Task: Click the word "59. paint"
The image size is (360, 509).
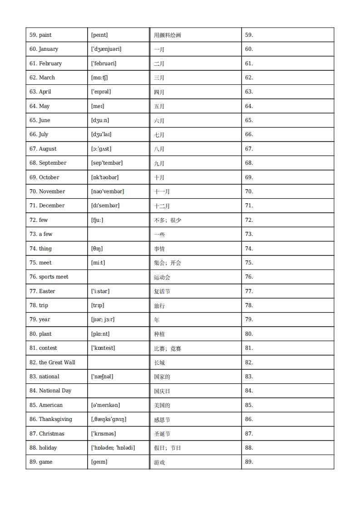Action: point(40,35)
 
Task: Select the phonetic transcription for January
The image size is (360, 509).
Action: point(106,49)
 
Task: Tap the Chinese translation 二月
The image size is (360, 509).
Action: point(159,64)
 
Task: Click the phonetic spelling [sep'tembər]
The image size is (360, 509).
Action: point(107,163)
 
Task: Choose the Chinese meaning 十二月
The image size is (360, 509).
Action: point(162,206)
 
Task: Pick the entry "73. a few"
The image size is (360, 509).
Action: point(41,234)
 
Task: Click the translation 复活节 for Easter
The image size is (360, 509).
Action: point(162,291)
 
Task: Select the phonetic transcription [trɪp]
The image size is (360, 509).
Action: point(98,305)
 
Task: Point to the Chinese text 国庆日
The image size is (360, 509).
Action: point(162,391)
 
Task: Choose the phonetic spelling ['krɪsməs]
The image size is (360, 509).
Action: point(104,434)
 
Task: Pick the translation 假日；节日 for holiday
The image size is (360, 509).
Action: point(167,448)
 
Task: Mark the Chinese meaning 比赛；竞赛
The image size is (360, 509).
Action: point(167,348)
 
